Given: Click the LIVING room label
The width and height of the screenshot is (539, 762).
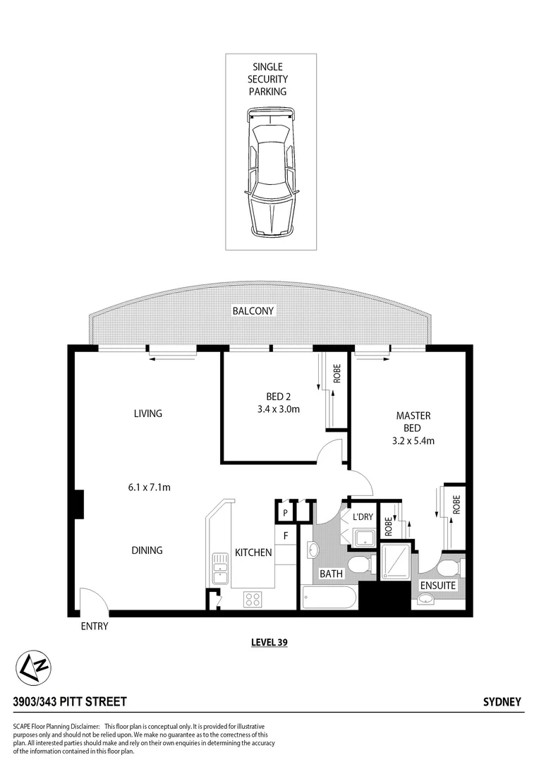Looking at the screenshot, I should click(148, 413).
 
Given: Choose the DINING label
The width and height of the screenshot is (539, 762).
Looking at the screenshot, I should click(147, 550).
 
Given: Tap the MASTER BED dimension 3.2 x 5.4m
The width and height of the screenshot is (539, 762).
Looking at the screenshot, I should click(413, 441).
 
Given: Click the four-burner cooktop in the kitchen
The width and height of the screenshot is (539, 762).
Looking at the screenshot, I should click(253, 599).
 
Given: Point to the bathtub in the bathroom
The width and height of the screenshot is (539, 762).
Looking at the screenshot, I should click(328, 599).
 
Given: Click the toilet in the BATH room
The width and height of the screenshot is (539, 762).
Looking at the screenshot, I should click(361, 564).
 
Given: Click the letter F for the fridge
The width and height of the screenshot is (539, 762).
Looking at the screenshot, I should click(286, 536).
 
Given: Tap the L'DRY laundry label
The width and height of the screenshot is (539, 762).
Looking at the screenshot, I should click(363, 517).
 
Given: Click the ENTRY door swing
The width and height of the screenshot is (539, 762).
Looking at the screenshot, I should click(92, 601).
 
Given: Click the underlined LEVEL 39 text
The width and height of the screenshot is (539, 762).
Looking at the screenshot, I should click(269, 642).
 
